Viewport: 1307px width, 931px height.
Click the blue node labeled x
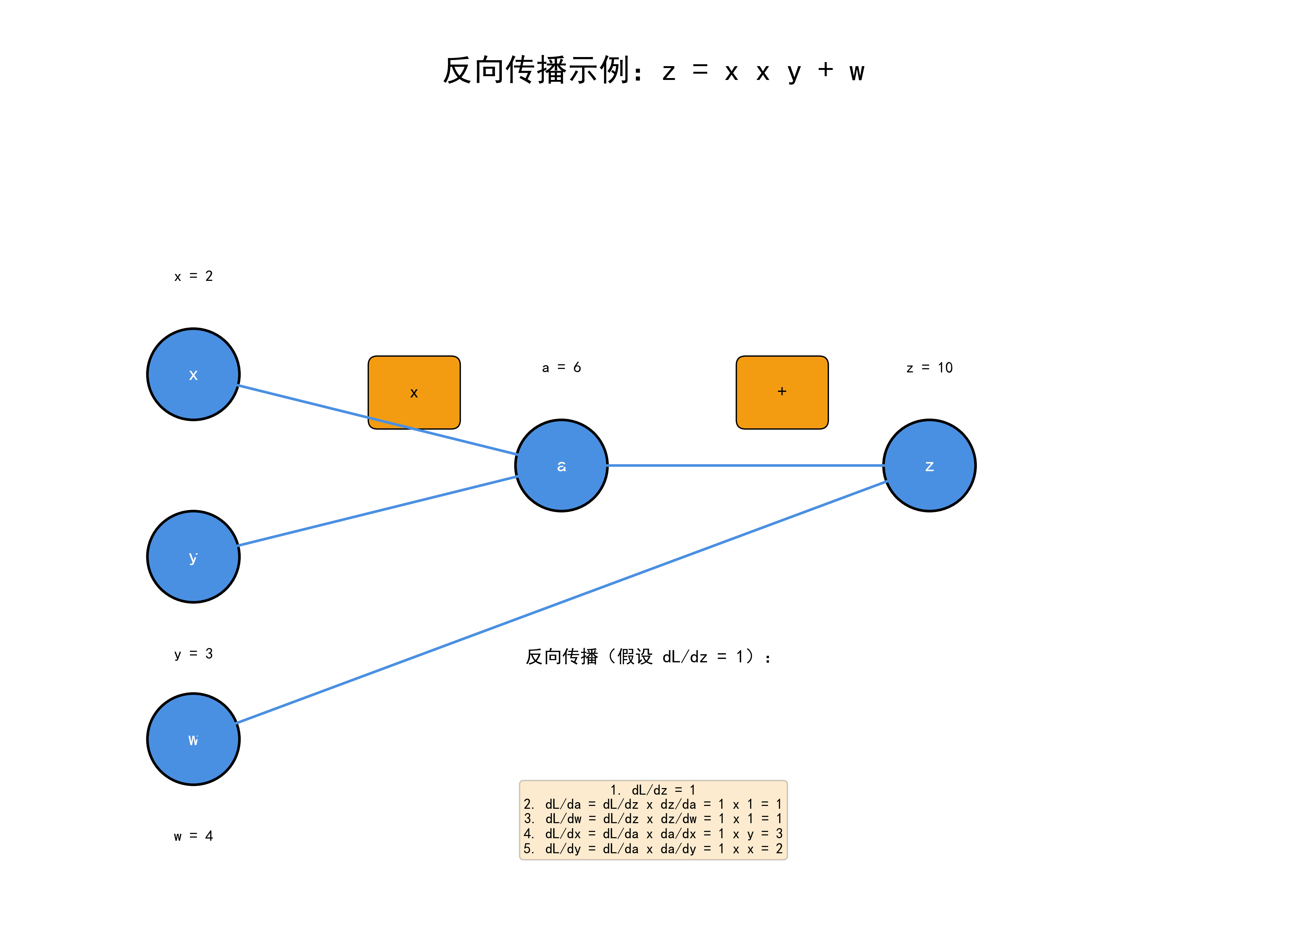193,374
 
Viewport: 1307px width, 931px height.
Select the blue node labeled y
193,557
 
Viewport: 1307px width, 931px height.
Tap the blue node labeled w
193,739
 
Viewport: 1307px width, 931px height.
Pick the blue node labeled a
561,465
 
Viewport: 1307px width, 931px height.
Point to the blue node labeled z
929,465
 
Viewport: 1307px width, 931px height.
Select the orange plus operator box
782,392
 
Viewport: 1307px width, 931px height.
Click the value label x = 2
193,276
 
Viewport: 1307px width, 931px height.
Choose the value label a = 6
561,367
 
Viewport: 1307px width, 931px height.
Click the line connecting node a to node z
745,465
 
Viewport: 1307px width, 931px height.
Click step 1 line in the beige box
653,790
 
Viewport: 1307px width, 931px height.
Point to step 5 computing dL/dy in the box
653,849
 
